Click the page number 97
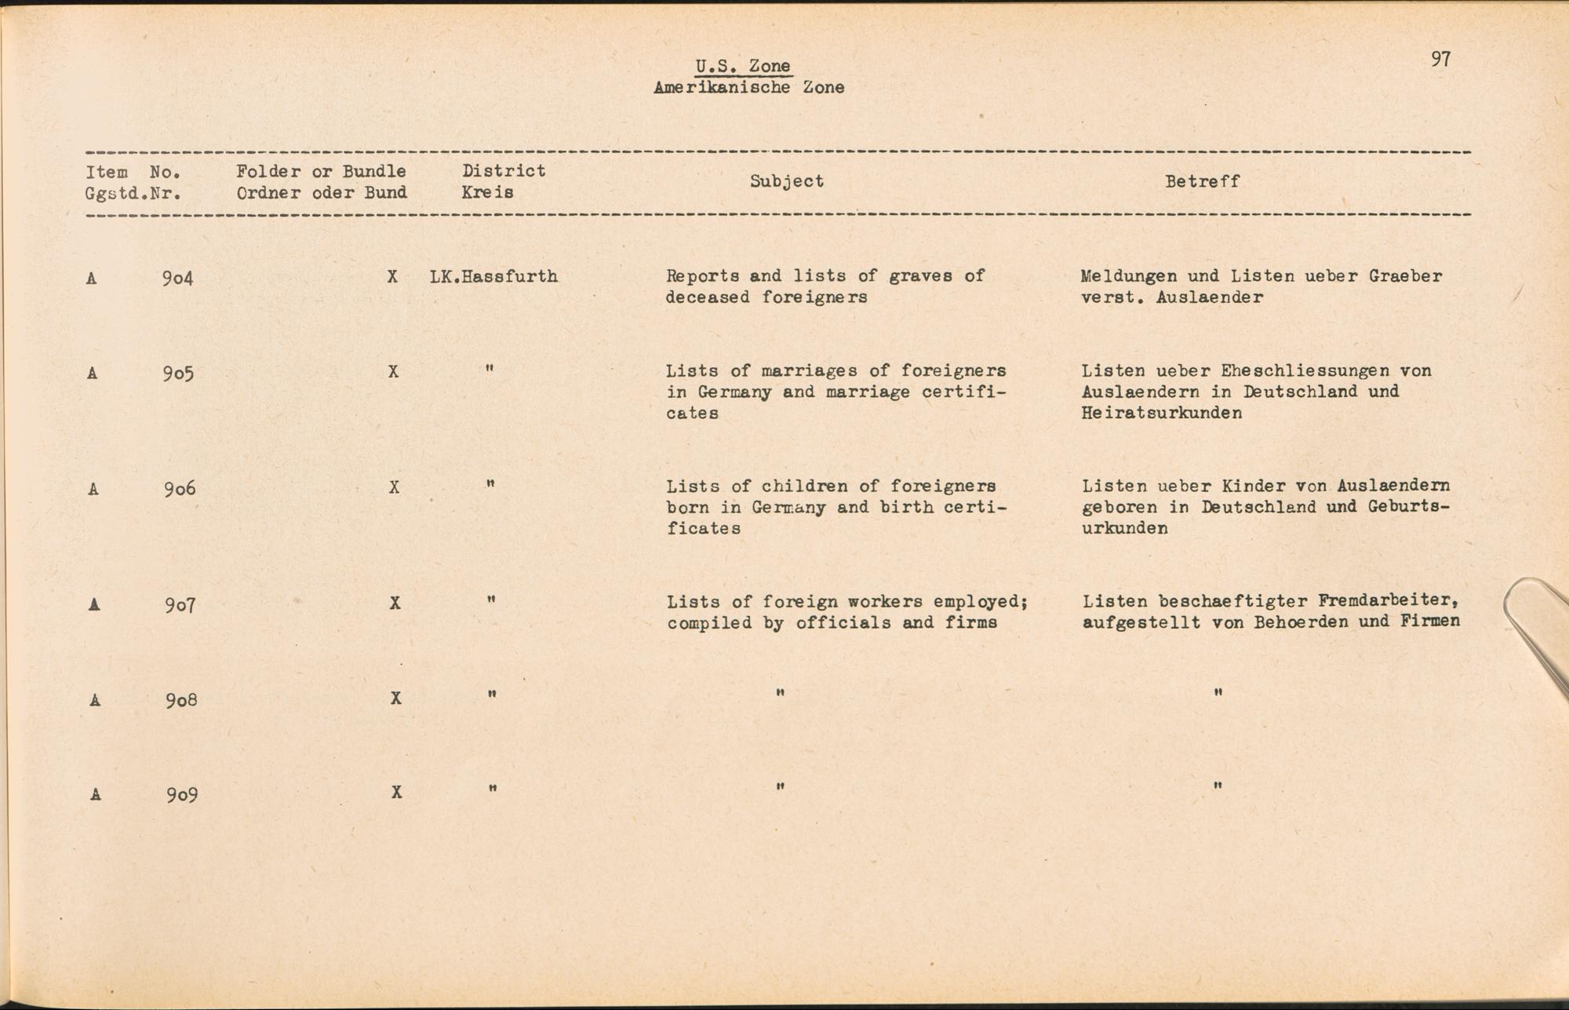coord(1440,60)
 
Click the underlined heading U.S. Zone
coord(742,66)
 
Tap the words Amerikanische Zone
coord(748,88)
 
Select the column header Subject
coord(786,181)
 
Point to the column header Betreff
coord(1202,181)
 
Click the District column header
coord(503,171)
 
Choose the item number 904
coord(177,278)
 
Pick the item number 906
coord(180,489)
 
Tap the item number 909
coord(181,795)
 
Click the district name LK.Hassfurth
coord(493,276)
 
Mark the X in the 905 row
coord(393,371)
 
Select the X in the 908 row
coord(396,698)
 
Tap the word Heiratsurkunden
coord(1161,413)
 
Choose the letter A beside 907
coord(94,604)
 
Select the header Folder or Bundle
coord(321,171)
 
